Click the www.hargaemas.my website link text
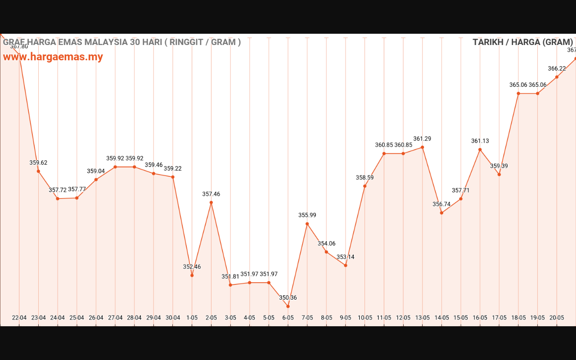[x=53, y=57]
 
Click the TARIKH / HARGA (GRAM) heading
[x=522, y=42]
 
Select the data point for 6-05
[x=288, y=306]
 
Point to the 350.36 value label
[x=288, y=297]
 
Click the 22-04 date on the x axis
[x=19, y=318]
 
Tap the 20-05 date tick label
[x=557, y=318]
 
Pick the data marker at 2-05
[x=211, y=202]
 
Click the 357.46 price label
[x=211, y=194]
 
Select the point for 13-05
[x=423, y=147]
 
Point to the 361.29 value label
[x=422, y=139]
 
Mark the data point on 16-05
[x=480, y=149]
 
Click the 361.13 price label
[x=480, y=141]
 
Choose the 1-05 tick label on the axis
[x=192, y=318]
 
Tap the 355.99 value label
[x=307, y=215]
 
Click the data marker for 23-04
[x=38, y=171]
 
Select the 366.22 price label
[x=557, y=68]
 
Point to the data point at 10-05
[x=365, y=186]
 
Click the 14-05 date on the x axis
[x=441, y=318]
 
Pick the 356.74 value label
[x=441, y=204]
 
